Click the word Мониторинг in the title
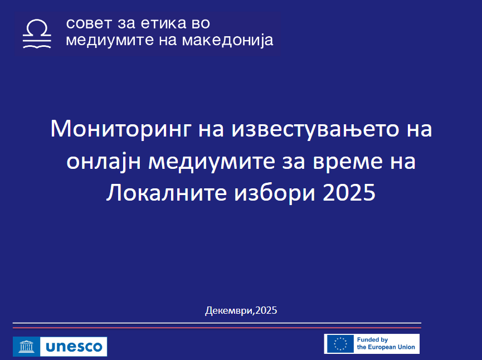[x=121, y=129]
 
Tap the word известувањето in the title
[x=315, y=129]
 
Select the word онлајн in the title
[x=104, y=162]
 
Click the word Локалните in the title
[x=166, y=193]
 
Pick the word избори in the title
[x=275, y=193]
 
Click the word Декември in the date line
[x=228, y=310]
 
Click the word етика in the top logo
[x=163, y=23]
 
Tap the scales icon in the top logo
[x=37, y=34]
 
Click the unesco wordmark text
[x=74, y=347]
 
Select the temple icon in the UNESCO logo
[x=26, y=347]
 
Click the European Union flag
[x=340, y=344]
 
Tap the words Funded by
[x=372, y=340]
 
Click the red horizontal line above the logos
[x=217, y=328]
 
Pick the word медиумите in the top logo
[x=110, y=41]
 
